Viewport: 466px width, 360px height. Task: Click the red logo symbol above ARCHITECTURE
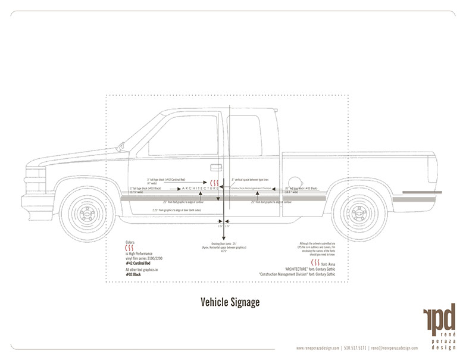(x=214, y=181)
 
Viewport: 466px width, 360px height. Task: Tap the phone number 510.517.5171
(x=355, y=348)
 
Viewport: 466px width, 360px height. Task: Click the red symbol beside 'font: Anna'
(x=315, y=262)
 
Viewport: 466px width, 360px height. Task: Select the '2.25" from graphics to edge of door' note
(x=179, y=209)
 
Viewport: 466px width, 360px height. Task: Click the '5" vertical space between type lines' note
(x=250, y=178)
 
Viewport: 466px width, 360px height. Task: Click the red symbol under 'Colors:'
(x=130, y=249)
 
